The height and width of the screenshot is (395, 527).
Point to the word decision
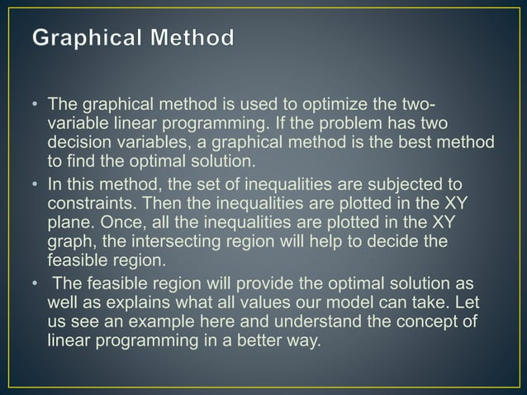pos(79,142)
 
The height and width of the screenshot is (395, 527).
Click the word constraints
pos(91,201)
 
